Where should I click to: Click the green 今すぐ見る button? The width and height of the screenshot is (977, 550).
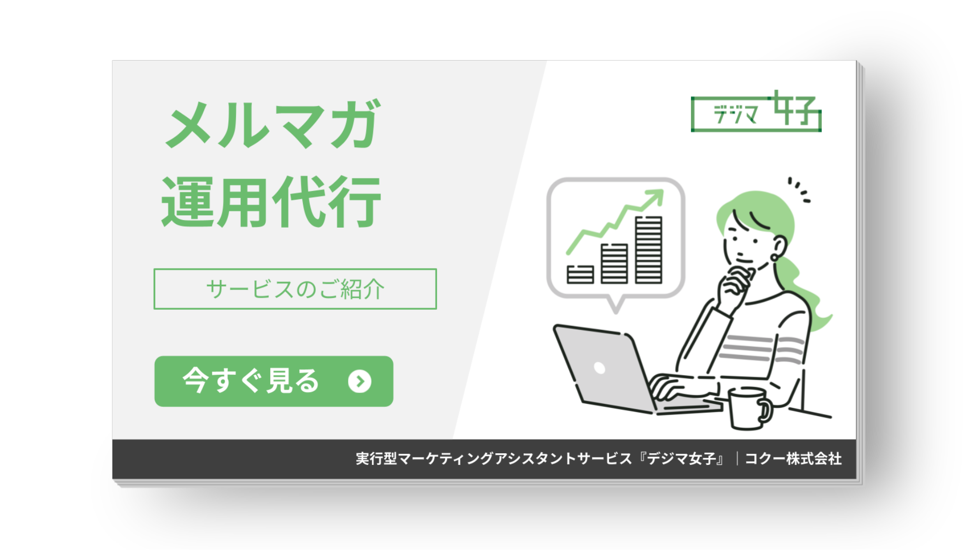pos(273,381)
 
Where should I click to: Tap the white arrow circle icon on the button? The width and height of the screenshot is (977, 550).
pos(360,381)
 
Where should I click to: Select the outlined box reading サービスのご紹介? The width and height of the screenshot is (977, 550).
pos(295,289)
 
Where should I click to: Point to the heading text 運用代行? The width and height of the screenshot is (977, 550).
pos(271,202)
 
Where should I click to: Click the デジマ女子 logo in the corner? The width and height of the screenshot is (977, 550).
pos(756,113)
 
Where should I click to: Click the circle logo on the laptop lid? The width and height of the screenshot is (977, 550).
pos(599,368)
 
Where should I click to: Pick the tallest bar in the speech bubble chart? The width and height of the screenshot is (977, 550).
pos(649,250)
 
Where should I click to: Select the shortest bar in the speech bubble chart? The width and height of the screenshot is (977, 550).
pos(580,274)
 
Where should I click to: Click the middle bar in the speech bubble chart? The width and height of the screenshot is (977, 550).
pos(614,263)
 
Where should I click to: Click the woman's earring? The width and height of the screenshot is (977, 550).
pos(774,257)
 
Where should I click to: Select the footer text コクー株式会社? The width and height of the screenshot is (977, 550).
pos(793,459)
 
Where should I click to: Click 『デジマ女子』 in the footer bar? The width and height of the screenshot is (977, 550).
pos(682,459)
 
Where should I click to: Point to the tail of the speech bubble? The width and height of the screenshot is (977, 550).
pos(616,305)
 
